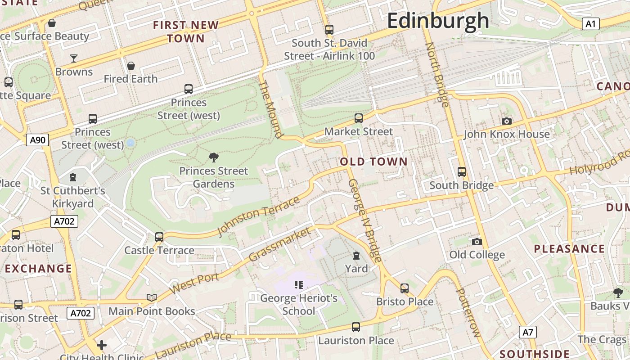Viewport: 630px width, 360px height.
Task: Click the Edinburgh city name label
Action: pyautogui.click(x=438, y=21)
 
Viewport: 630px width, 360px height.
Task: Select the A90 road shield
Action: pyautogui.click(x=37, y=140)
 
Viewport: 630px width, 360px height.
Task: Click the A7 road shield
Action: pyautogui.click(x=528, y=333)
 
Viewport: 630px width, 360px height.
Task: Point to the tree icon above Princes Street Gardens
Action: pyautogui.click(x=214, y=157)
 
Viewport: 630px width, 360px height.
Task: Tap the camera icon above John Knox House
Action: pyautogui.click(x=506, y=121)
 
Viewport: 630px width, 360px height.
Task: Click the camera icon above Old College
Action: pyautogui.click(x=477, y=242)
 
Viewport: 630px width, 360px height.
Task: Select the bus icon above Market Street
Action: pyautogui.click(x=359, y=118)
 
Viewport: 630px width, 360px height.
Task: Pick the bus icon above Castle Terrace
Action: pyautogui.click(x=159, y=237)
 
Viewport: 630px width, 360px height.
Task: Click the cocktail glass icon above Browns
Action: pyautogui.click(x=74, y=58)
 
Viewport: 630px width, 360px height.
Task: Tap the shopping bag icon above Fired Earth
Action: pyautogui.click(x=131, y=66)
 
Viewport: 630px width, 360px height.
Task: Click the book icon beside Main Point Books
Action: pyautogui.click(x=152, y=297)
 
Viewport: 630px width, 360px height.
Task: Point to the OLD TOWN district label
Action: pyautogui.click(x=373, y=162)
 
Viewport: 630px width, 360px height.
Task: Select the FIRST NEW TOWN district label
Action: pyautogui.click(x=186, y=31)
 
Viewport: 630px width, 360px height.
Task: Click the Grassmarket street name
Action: pyautogui.click(x=279, y=244)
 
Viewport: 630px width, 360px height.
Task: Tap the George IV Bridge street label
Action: pyautogui.click(x=365, y=220)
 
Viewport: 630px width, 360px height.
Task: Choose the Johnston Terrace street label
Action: pyautogui.click(x=258, y=216)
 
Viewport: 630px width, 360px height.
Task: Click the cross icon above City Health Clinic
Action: pyautogui.click(x=102, y=345)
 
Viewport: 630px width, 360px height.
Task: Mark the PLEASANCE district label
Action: pyautogui.click(x=569, y=249)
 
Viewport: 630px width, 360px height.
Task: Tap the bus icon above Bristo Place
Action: pyautogui.click(x=405, y=288)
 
